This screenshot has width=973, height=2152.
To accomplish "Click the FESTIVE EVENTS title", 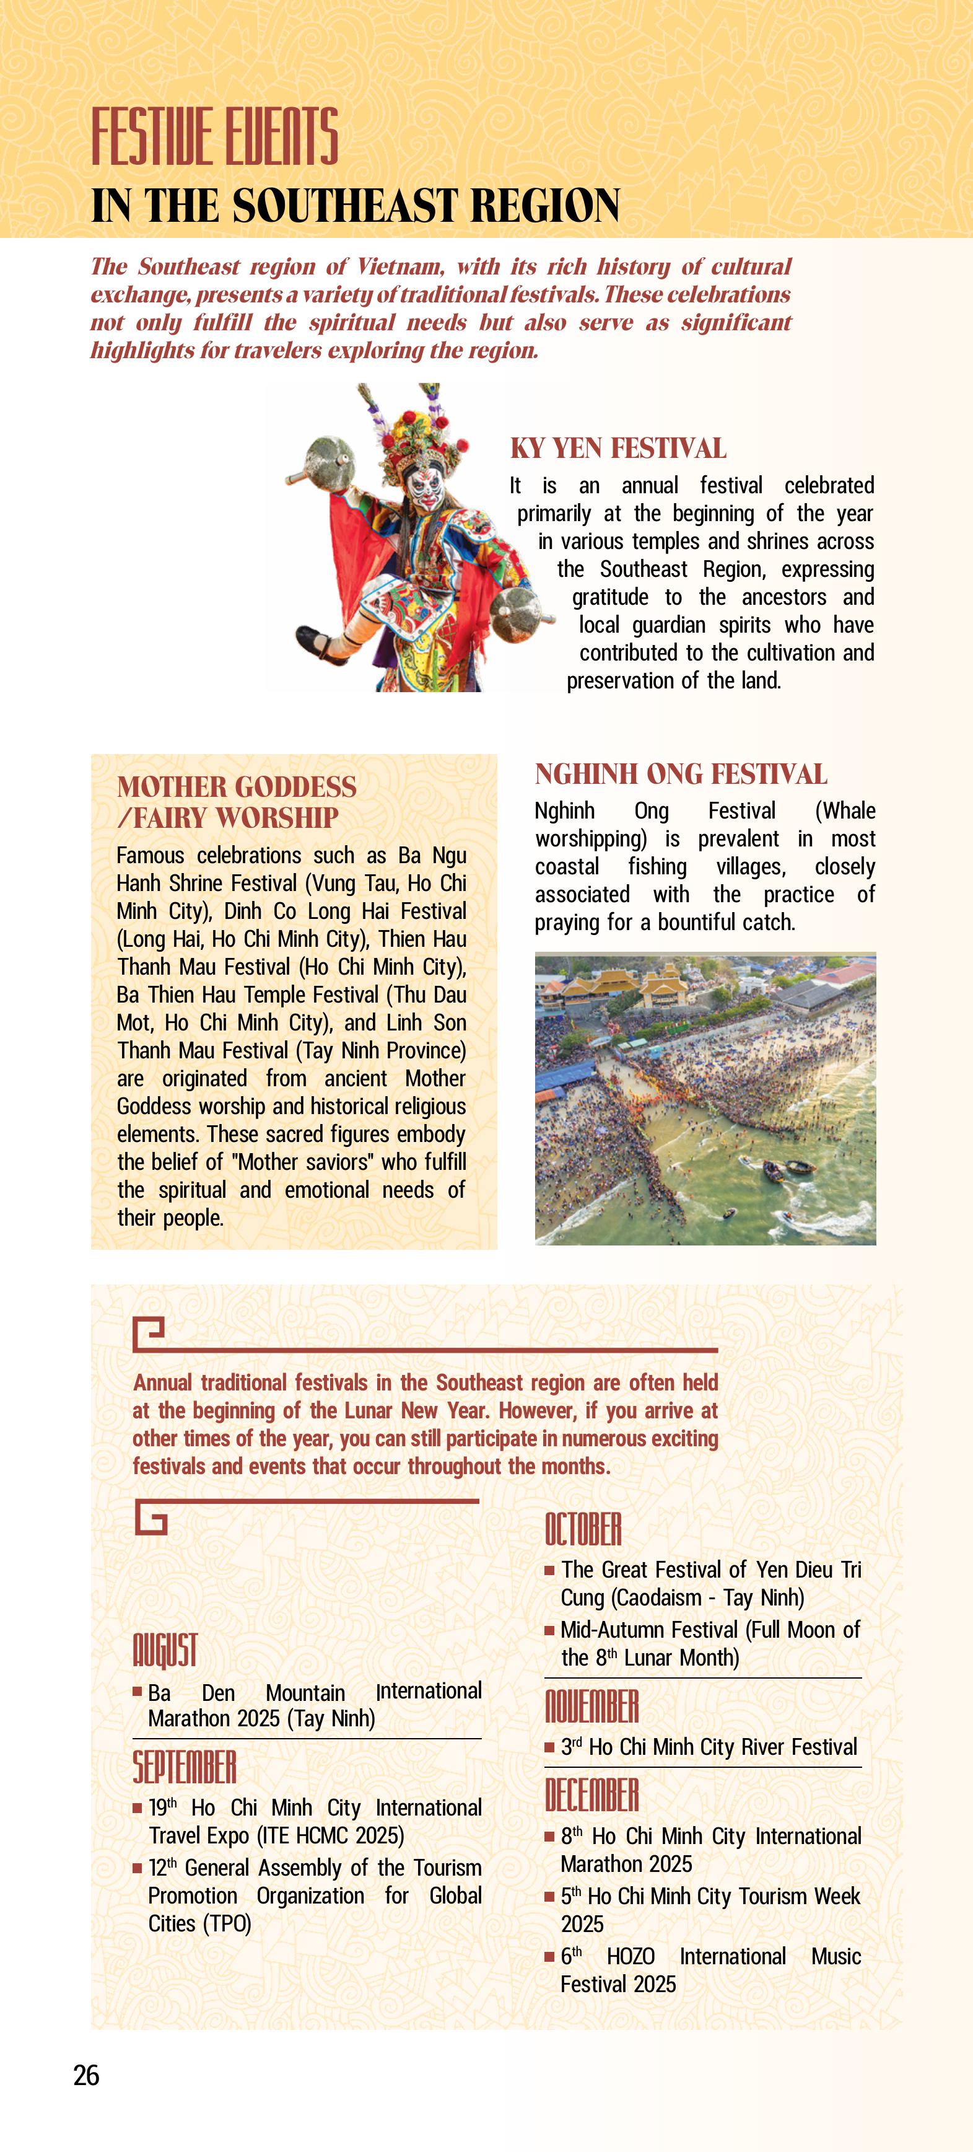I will (215, 136).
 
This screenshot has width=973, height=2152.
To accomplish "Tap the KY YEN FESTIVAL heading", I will (618, 449).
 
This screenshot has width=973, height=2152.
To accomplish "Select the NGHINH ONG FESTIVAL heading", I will (681, 775).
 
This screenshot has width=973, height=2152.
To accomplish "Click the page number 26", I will (86, 2075).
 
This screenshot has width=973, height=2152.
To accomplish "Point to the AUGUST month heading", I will (165, 1650).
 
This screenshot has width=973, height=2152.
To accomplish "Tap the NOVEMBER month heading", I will (591, 1706).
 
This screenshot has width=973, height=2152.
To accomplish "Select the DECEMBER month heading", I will (591, 1794).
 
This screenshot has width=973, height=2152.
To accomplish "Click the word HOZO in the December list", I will (630, 1957).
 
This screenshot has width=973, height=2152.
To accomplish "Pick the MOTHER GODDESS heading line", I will (237, 787).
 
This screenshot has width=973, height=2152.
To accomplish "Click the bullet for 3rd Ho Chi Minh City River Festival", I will (549, 1747).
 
